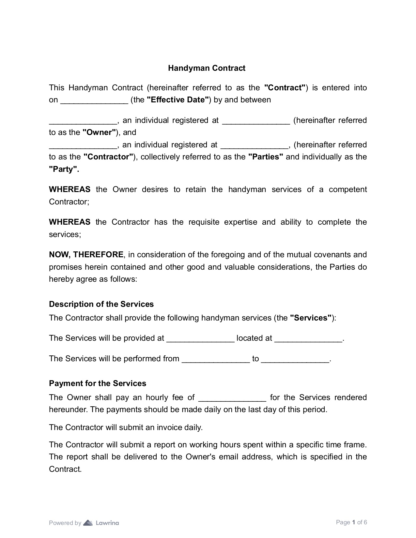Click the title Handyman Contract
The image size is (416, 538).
point(207,68)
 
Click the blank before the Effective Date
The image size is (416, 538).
point(94,100)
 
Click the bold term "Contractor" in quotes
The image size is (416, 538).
point(108,157)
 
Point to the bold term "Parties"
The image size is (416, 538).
point(266,157)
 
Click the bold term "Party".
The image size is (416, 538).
point(64,169)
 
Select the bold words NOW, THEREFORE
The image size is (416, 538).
point(86,255)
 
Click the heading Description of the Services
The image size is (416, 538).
point(101,304)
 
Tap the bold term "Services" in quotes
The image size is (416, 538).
point(311,318)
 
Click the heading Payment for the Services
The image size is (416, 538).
point(98,383)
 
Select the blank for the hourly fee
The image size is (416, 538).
point(232,398)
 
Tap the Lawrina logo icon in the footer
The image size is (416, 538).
point(88,523)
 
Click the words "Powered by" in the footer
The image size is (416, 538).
point(65,523)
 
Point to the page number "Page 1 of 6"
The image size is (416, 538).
point(351,522)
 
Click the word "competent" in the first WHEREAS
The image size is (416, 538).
point(348,189)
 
